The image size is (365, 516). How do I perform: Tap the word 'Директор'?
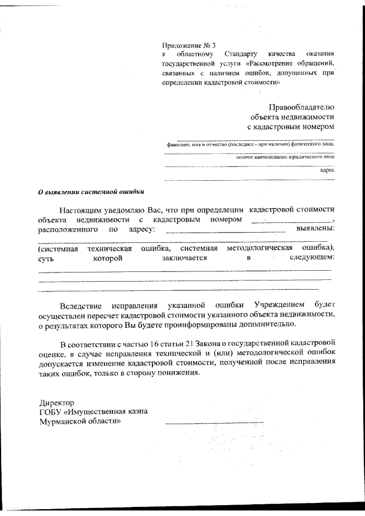[55, 403]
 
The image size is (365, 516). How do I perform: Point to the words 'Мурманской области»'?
[79, 421]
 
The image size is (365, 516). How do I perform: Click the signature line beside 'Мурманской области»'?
[214, 422]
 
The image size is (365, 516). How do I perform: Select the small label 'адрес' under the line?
[327, 170]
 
